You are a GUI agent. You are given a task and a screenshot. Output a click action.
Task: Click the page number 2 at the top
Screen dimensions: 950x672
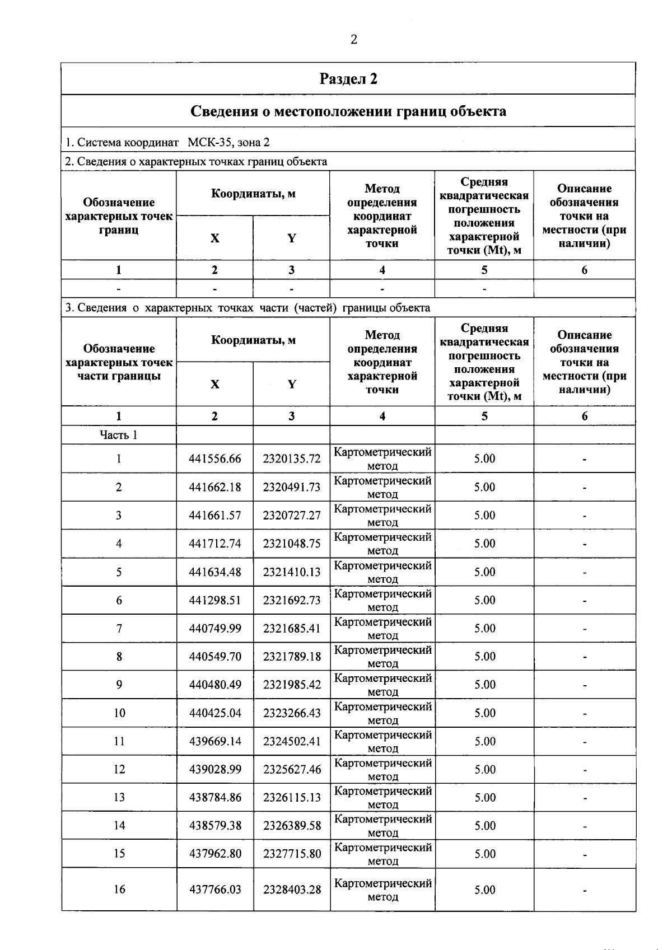point(353,39)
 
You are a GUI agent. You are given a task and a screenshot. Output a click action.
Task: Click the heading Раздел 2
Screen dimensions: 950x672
point(348,79)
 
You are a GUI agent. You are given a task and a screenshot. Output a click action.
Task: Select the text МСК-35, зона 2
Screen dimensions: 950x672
point(228,142)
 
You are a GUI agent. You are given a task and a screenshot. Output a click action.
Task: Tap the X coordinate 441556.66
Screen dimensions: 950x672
point(215,459)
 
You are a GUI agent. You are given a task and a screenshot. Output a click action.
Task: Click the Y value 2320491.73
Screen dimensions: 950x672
point(292,487)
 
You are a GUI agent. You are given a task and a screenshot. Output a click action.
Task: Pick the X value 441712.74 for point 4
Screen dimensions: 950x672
point(215,544)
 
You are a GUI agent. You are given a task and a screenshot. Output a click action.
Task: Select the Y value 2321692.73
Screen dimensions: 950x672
point(292,600)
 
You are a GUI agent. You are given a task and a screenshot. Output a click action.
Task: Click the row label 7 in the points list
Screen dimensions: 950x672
point(119,629)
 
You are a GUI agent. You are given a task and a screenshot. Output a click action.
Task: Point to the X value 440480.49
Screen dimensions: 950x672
point(215,685)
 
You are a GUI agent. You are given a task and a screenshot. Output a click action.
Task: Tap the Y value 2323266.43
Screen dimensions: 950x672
point(292,713)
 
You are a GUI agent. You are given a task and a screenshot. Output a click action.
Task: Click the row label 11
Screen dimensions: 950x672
point(119,741)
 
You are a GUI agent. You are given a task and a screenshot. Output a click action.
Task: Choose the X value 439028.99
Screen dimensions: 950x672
point(215,769)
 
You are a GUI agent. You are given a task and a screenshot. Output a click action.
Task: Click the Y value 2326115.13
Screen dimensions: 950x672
point(292,797)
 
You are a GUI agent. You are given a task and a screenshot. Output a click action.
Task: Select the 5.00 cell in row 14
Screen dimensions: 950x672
point(484,826)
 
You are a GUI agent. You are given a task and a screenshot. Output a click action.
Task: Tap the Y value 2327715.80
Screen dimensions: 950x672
point(292,854)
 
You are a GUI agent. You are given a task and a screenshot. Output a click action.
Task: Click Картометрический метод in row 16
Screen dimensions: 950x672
point(383,890)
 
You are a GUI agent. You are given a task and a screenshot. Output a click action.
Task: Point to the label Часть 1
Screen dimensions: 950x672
point(118,435)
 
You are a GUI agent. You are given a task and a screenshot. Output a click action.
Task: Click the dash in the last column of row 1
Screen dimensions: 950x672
point(584,460)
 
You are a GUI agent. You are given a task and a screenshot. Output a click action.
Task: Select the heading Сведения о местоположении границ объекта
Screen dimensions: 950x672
point(348,111)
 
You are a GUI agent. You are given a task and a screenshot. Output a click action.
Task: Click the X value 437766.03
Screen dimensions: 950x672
point(215,890)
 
